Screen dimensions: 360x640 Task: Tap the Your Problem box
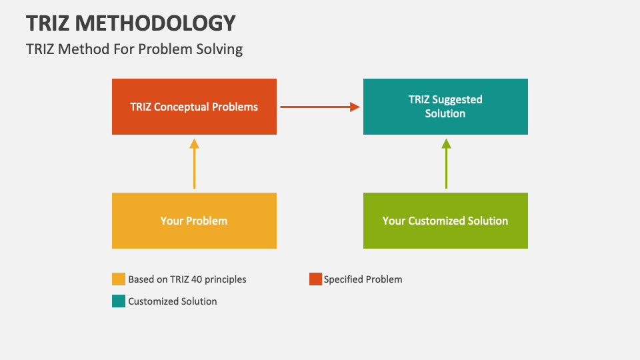click(x=194, y=221)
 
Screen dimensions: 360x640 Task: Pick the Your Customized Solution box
click(x=445, y=221)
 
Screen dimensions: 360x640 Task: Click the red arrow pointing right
click(x=320, y=107)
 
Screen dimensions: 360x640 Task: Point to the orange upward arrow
click(x=194, y=163)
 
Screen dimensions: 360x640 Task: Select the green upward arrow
click(x=446, y=163)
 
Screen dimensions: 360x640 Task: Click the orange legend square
click(x=118, y=279)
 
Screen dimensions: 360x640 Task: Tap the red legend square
click(x=315, y=279)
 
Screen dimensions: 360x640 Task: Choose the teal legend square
click(x=118, y=301)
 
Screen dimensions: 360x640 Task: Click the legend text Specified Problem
click(x=363, y=279)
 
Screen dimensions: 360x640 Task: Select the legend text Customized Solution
click(x=173, y=301)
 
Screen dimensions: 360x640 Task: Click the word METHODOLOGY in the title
click(x=156, y=23)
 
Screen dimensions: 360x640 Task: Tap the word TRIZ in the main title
click(x=48, y=23)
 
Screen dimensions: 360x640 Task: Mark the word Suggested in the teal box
click(x=457, y=99)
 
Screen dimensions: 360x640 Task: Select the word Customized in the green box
click(x=435, y=221)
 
